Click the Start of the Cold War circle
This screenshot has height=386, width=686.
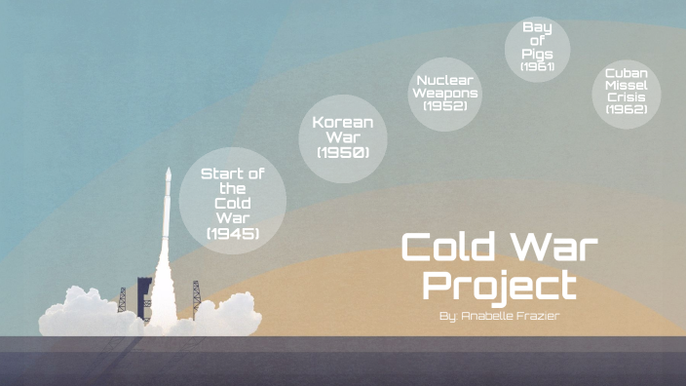(x=233, y=201)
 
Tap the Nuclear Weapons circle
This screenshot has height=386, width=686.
(x=444, y=93)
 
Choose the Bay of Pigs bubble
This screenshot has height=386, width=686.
(x=537, y=48)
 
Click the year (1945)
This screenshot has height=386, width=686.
(x=233, y=234)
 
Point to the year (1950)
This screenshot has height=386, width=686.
(x=342, y=152)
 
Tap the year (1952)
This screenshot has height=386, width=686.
(x=445, y=105)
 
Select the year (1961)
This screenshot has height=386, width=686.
(x=537, y=67)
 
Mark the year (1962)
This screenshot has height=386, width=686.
(x=626, y=109)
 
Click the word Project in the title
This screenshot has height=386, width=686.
(x=500, y=287)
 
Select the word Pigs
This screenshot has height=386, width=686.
(x=537, y=54)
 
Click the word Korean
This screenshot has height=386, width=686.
(x=342, y=122)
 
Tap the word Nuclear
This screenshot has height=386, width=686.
(x=444, y=79)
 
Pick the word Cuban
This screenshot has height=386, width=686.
(x=626, y=72)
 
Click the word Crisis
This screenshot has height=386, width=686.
(x=626, y=96)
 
